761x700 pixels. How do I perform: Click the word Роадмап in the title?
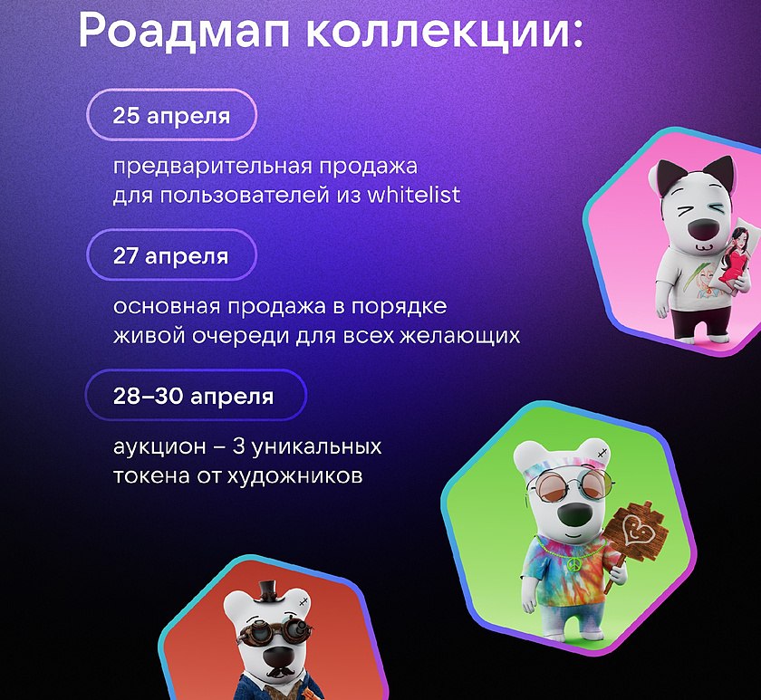click(185, 30)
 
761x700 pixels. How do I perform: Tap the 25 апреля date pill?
click(171, 115)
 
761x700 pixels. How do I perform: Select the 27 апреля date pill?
click(171, 254)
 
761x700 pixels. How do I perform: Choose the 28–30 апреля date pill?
click(196, 395)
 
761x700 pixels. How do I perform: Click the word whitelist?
click(413, 195)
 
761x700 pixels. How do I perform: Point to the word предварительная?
click(213, 167)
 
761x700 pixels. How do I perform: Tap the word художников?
click(295, 476)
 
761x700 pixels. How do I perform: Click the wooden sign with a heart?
click(637, 532)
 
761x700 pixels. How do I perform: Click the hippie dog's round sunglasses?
click(571, 486)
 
